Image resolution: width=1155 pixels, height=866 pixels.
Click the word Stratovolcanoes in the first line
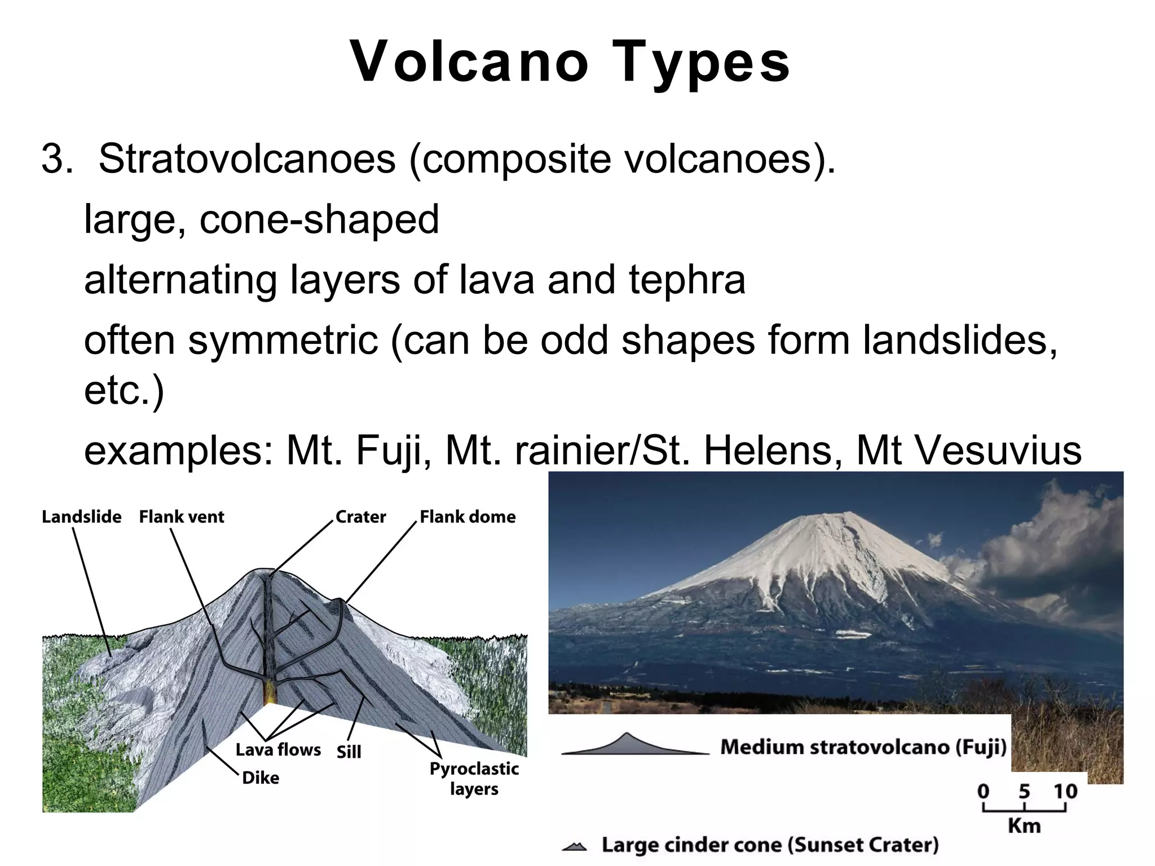[247, 159]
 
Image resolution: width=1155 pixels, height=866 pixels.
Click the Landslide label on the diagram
[81, 516]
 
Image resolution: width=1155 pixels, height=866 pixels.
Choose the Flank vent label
[182, 516]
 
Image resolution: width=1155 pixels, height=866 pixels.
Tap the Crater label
[360, 516]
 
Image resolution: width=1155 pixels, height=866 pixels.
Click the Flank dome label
[468, 516]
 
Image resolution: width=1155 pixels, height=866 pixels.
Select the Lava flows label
[278, 750]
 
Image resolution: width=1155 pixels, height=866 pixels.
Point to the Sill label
[349, 752]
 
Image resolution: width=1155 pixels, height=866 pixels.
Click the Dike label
[261, 778]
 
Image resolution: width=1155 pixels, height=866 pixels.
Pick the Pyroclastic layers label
[474, 779]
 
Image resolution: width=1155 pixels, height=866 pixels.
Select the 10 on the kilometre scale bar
[1065, 792]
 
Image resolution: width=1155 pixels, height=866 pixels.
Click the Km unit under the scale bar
[1024, 825]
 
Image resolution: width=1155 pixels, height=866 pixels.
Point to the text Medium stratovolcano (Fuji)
[863, 747]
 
